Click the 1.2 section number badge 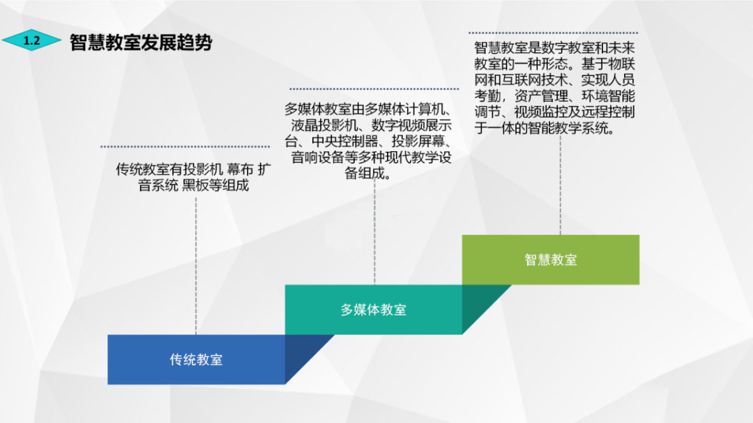(x=31, y=41)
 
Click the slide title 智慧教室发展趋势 (x=141, y=43)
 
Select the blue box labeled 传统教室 (x=196, y=360)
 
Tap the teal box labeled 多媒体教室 (x=373, y=309)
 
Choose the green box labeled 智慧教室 (x=550, y=260)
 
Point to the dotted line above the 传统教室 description (x=185, y=146)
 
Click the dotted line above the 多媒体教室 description (x=374, y=89)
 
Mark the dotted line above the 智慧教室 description (x=553, y=32)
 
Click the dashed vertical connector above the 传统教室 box (x=196, y=265)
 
